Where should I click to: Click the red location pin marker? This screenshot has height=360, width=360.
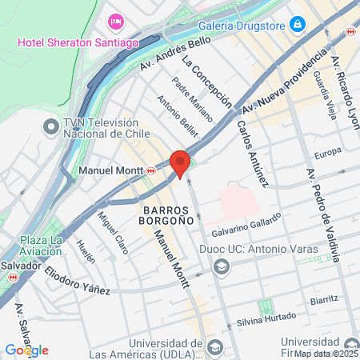point(180,162)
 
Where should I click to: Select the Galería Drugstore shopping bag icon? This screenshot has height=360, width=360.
point(298,25)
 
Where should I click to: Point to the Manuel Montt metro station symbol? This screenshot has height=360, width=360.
point(151,170)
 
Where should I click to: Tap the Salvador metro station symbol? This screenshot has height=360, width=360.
point(12,277)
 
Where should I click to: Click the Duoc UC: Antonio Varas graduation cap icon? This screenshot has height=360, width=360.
point(222,268)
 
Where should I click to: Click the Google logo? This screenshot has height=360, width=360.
point(27,350)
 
